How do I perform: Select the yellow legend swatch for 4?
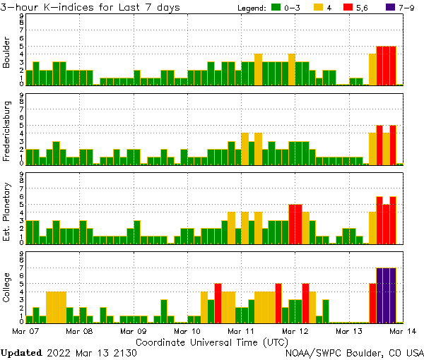coord(319,7)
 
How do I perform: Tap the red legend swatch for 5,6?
coord(357,7)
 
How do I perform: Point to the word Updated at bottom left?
coord(21,352)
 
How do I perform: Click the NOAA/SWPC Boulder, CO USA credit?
coord(355,352)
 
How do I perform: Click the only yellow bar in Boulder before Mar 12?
coord(258,69)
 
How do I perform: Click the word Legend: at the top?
coord(249,7)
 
